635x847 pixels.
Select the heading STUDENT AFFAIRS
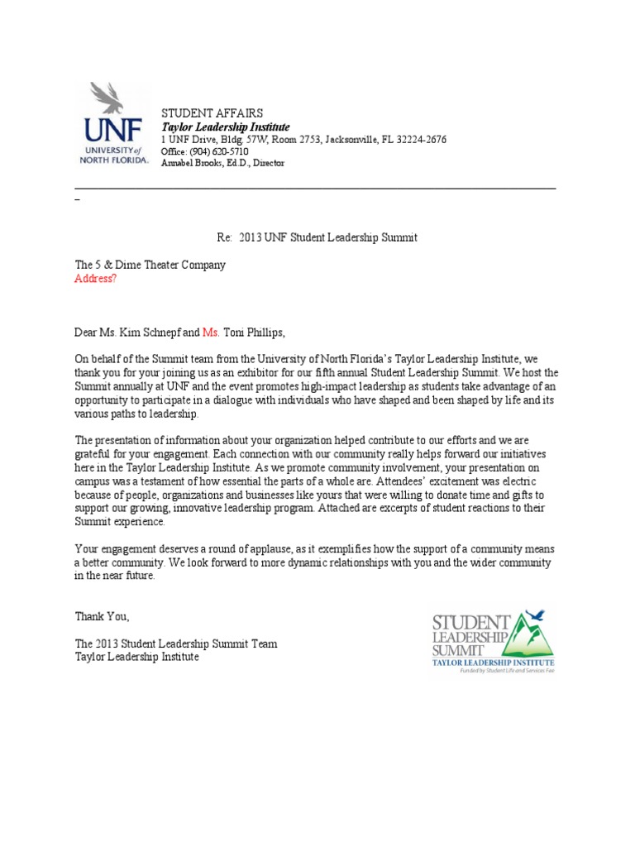coord(212,113)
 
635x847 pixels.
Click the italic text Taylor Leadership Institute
coord(225,127)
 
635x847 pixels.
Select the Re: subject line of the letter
coord(317,237)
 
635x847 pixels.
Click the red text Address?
coord(96,279)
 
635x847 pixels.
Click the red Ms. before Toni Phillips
coord(211,333)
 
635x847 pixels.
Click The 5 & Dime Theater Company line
coord(150,266)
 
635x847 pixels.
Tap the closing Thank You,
coord(103,616)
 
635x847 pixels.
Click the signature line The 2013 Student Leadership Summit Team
coord(176,644)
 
